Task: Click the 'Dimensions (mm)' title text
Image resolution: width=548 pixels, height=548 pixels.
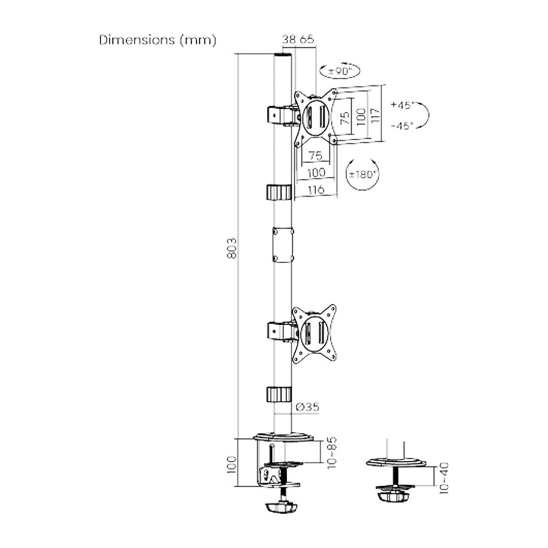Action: pos(158,41)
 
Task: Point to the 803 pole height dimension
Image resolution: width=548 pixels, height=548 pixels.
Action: pos(231,248)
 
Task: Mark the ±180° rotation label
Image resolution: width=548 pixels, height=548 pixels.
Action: pos(362,174)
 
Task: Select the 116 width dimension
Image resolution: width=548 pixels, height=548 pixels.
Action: pos(316,189)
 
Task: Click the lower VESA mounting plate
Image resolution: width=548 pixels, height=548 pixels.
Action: pos(315,333)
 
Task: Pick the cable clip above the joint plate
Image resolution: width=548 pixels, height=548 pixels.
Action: pos(278,192)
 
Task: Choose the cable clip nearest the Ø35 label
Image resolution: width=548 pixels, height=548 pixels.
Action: pos(278,394)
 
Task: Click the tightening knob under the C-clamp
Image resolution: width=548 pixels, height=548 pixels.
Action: pos(281,506)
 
